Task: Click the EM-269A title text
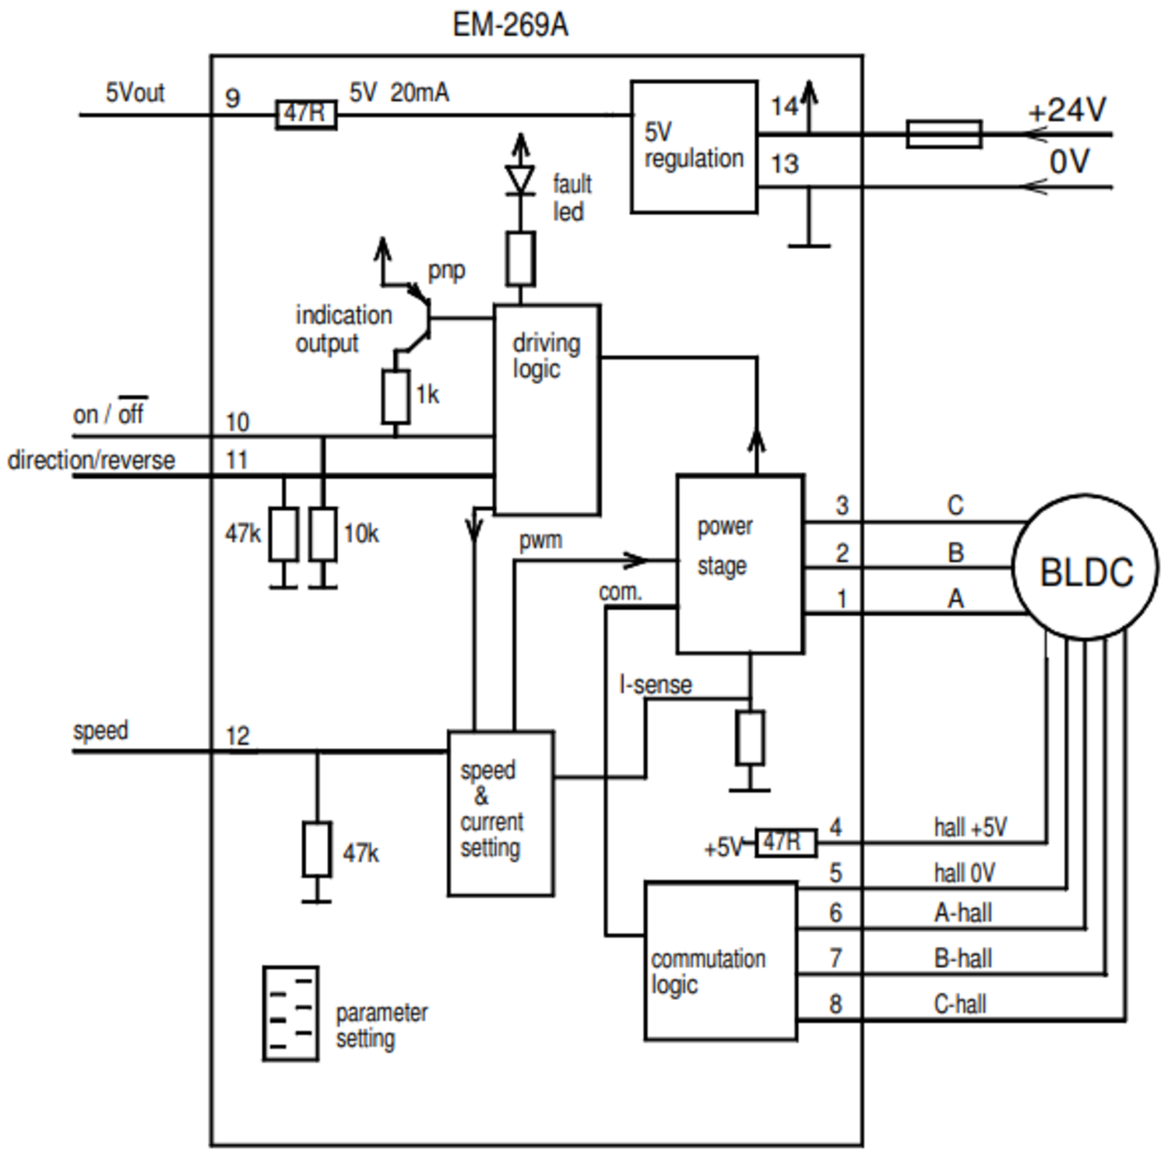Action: tap(510, 25)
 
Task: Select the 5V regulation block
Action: tap(693, 146)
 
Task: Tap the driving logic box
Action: tap(547, 410)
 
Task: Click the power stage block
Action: tap(740, 563)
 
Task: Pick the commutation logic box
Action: tap(720, 961)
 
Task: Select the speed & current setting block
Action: tap(501, 813)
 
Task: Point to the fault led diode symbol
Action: tap(520, 178)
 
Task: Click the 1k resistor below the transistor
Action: tap(396, 396)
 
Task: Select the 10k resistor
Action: tap(323, 533)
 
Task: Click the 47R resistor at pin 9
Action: tap(306, 114)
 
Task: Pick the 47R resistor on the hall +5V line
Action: tap(786, 842)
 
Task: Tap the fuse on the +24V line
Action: tap(943, 134)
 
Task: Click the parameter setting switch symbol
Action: tap(290, 1013)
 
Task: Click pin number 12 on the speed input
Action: tap(237, 735)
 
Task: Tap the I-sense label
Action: tap(655, 685)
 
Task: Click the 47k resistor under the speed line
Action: tap(317, 848)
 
